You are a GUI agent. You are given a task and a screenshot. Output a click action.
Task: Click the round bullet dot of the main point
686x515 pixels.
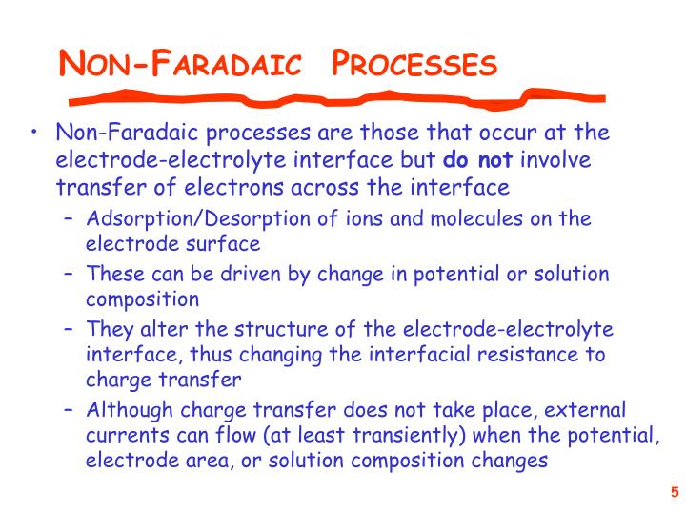coord(34,133)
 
